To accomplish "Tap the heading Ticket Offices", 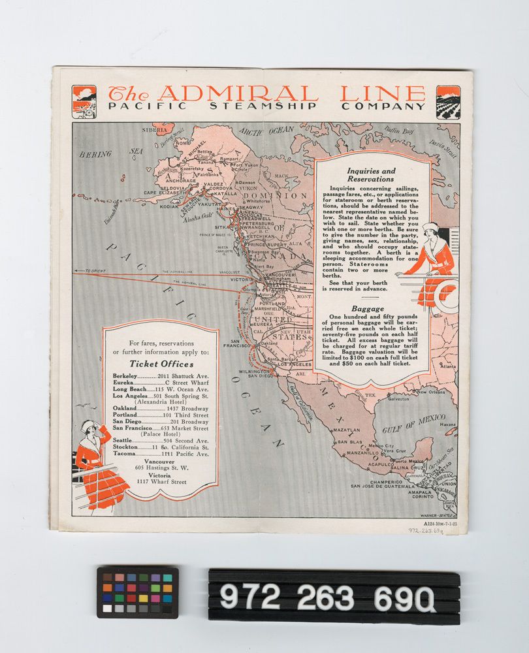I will pyautogui.click(x=161, y=364).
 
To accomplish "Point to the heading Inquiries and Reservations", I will pyautogui.click(x=371, y=175).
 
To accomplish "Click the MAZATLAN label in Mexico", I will pyautogui.click(x=346, y=430).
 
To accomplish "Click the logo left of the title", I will pyautogui.click(x=84, y=101).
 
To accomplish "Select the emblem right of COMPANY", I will pyautogui.click(x=448, y=101).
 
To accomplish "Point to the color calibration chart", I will pyautogui.click(x=138, y=592).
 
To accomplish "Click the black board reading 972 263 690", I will pyautogui.click(x=334, y=596).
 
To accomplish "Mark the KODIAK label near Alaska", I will pyautogui.click(x=170, y=207).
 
